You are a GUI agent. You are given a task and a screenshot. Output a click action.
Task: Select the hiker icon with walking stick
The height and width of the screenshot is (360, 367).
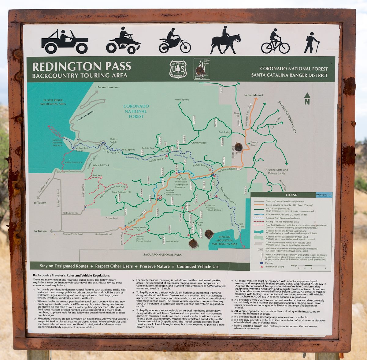[311, 43]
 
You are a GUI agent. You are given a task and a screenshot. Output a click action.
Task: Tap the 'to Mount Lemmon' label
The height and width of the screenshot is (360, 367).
[106, 87]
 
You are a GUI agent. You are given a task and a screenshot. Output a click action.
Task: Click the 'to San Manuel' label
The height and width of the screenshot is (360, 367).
[254, 95]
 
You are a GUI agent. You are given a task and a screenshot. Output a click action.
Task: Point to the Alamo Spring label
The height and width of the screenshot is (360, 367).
[181, 100]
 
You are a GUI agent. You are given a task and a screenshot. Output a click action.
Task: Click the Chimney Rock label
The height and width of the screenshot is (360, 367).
[199, 143]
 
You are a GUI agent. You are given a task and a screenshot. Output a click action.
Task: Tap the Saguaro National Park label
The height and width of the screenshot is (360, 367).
[162, 255]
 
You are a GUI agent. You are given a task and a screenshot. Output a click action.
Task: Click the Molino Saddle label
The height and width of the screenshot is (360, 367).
[113, 141]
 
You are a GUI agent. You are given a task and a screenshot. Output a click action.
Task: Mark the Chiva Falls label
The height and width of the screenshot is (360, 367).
[200, 224]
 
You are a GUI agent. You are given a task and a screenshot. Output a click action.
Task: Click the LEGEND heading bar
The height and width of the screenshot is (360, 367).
[291, 195]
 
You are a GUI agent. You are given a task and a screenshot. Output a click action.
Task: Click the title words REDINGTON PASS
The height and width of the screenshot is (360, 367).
[82, 66]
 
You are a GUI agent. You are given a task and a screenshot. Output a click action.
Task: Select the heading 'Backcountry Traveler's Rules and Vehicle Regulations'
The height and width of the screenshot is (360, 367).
[71, 276]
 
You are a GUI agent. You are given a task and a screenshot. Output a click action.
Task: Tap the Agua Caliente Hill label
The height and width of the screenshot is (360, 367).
[121, 192]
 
